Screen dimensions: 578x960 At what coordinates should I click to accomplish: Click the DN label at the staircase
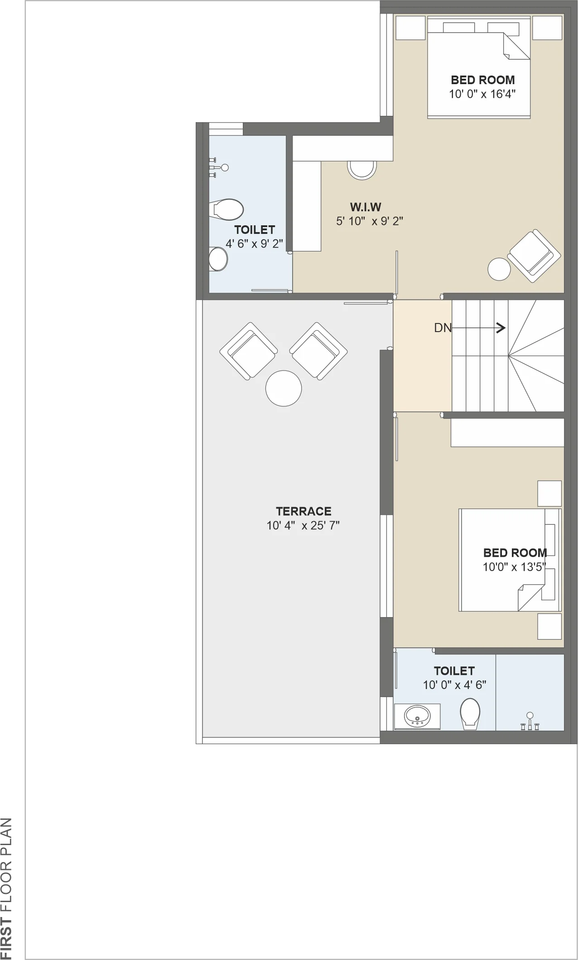[x=443, y=328]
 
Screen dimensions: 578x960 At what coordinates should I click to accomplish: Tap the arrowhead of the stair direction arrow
[x=501, y=328]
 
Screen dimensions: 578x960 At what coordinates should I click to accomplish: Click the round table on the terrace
[x=284, y=388]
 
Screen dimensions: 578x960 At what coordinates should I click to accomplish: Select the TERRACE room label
[x=303, y=511]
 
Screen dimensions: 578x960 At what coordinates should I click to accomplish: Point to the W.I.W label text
[x=366, y=207]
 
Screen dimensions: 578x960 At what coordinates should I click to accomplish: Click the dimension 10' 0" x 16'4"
[x=482, y=94]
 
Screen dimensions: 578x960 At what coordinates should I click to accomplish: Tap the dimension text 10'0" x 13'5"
[x=514, y=567]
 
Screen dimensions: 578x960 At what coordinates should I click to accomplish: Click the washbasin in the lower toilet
[x=417, y=716]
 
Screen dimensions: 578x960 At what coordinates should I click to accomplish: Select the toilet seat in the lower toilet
[x=470, y=714]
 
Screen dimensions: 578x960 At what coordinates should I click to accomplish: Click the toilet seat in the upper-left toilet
[x=228, y=209]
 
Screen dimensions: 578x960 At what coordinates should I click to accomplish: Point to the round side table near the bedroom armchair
[x=499, y=269]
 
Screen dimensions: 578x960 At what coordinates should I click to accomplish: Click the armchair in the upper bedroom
[x=534, y=256]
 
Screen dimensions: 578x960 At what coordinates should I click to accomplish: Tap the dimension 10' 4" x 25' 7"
[x=303, y=525]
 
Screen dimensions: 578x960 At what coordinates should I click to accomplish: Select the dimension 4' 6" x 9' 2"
[x=254, y=244]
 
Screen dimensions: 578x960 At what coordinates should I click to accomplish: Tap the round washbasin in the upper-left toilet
[x=218, y=259]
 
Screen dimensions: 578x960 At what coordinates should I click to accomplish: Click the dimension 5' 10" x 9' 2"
[x=370, y=221]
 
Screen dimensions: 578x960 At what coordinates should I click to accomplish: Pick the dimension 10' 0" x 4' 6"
[x=454, y=685]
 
